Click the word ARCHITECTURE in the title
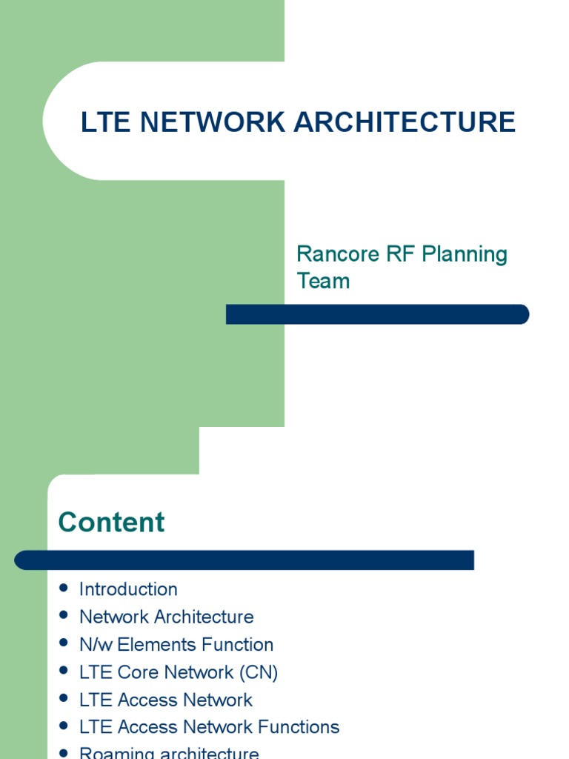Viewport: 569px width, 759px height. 405,122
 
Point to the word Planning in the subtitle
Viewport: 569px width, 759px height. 465,254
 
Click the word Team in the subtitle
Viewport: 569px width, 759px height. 323,281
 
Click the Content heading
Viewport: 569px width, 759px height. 111,523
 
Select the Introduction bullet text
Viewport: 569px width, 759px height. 128,589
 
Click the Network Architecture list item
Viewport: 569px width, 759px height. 166,617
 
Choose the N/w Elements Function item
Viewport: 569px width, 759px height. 176,644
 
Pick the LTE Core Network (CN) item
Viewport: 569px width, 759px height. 179,672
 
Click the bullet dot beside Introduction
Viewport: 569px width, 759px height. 64,589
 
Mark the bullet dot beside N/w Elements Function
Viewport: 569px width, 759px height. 64,643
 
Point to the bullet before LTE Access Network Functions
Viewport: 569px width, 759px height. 64,726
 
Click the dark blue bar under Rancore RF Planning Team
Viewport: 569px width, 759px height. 377,314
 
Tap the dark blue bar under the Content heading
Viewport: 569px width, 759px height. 244,560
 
